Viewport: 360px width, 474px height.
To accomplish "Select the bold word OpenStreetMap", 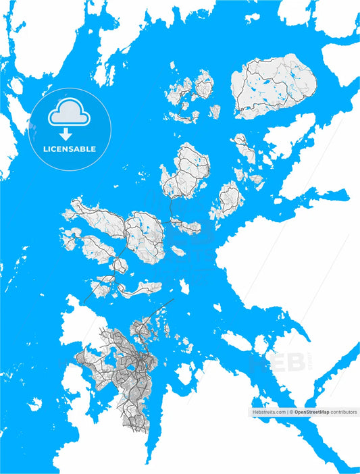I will (311, 411).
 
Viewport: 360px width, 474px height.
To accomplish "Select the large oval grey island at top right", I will (274, 88).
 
